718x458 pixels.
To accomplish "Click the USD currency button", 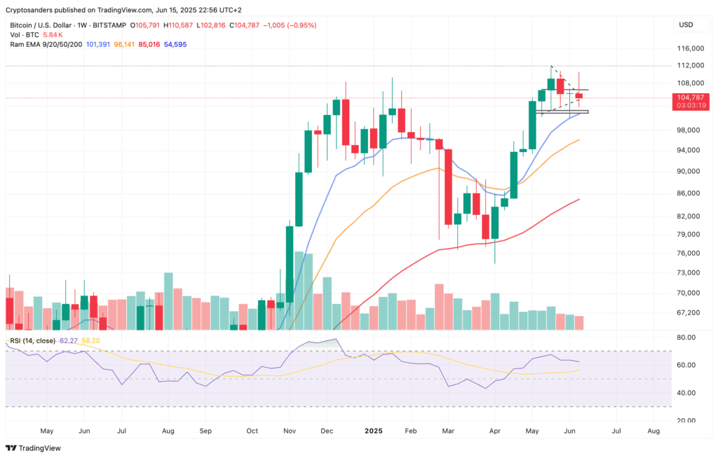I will point(686,25).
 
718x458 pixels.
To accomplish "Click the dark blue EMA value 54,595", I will point(175,44).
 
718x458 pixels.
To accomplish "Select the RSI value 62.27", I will point(69,340).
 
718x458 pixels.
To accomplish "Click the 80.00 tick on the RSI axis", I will point(686,338).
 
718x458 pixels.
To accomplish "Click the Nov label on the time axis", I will point(288,431).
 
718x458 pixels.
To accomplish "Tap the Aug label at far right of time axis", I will point(653,431).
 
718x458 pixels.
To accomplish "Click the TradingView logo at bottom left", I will point(34,448).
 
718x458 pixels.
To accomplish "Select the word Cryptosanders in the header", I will point(33,11).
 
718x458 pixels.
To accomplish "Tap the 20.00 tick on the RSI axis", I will point(686,420).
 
